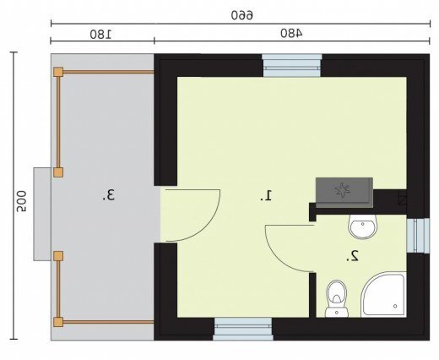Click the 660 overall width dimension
[x=242, y=15]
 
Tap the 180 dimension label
[x=100, y=34]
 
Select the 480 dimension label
[x=292, y=33]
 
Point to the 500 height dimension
[x=21, y=201]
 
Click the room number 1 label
[x=266, y=195]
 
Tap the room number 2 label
[x=352, y=256]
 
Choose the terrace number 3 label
[x=108, y=195]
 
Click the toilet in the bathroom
[x=337, y=298]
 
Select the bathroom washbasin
[x=362, y=226]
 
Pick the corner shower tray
[x=384, y=295]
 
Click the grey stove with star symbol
[x=344, y=193]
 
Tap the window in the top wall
[x=292, y=65]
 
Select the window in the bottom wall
[x=242, y=329]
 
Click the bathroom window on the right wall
[x=418, y=236]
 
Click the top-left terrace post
[x=58, y=72]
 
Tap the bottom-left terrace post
[x=58, y=322]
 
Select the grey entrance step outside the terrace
[x=42, y=214]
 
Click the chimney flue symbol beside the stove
[x=403, y=200]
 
